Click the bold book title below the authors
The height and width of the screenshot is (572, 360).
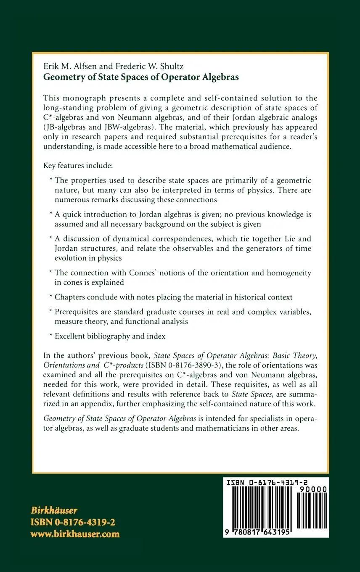click(141, 77)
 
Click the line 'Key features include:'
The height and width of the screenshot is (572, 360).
click(78, 166)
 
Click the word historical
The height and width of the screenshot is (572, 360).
click(250, 297)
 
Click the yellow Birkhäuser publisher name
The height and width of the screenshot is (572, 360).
click(54, 511)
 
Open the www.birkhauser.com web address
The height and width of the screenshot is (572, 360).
click(75, 534)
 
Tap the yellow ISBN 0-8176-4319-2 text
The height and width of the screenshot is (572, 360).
click(73, 522)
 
